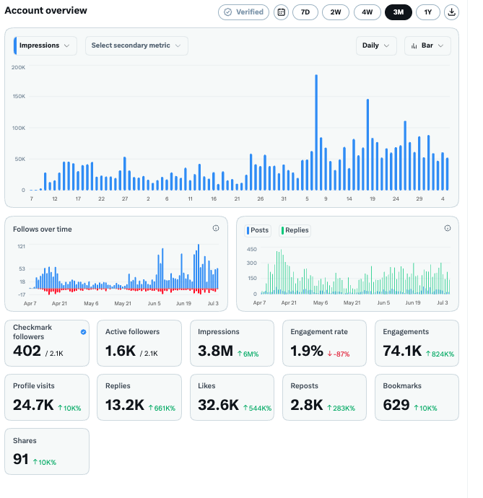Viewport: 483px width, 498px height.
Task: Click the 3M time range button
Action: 398,12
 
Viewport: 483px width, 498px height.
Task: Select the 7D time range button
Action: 305,12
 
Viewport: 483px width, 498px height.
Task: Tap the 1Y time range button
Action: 427,12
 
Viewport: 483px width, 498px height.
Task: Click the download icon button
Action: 451,12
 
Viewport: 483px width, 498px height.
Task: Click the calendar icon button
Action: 282,12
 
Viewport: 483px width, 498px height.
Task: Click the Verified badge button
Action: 244,12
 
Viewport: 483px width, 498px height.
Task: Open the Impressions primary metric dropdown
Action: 45,45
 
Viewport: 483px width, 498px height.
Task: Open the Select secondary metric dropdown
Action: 136,45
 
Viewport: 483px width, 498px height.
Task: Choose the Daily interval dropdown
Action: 376,45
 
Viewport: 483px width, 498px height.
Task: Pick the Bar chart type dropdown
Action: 427,45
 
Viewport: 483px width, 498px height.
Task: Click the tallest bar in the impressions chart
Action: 316,133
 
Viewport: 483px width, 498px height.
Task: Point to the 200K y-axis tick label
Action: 18,67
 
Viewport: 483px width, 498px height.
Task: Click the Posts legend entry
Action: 258,230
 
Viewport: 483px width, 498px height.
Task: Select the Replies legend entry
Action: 295,230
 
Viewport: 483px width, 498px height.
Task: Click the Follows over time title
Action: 43,229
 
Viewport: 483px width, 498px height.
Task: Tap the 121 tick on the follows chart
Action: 21,246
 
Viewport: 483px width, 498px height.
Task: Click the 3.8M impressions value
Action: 215,351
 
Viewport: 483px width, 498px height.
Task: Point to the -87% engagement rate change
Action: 339,354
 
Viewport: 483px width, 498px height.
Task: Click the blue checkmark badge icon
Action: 83,332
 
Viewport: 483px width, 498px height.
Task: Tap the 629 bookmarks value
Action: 396,405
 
